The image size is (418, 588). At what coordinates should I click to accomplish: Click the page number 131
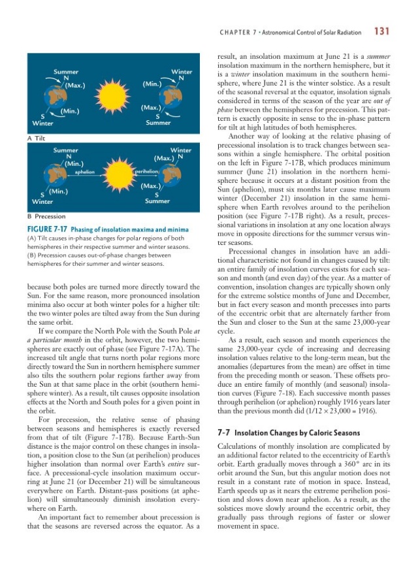point(381,31)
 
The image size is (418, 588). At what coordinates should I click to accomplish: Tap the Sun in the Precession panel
point(113,174)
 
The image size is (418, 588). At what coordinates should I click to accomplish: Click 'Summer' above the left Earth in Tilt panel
point(66,71)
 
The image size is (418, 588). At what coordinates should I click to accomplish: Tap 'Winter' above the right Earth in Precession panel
point(180,150)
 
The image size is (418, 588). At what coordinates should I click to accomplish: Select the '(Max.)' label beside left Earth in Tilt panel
point(74,84)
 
